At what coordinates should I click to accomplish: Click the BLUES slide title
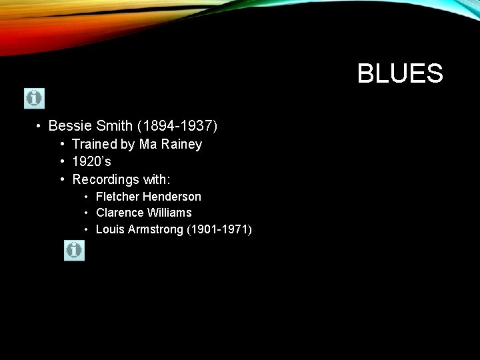400,73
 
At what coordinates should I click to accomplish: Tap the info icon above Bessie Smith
34,98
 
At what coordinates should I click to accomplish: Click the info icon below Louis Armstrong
74,250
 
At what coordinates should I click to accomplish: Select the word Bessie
70,125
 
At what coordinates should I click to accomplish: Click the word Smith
114,125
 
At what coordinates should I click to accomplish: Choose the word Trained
94,144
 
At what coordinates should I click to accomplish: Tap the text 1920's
92,161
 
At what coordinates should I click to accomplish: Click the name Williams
169,213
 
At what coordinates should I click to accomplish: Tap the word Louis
109,229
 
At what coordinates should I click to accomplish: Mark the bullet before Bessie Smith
39,125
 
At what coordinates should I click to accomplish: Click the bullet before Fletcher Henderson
87,197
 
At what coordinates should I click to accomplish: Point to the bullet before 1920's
61,161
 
